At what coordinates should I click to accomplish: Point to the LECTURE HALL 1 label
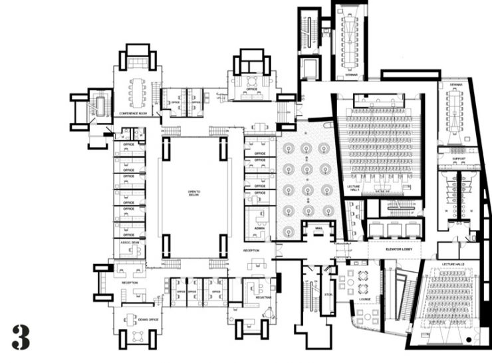[354, 188]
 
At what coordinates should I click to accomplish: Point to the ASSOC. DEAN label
[129, 243]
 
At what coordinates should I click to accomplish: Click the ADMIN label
[259, 228]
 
